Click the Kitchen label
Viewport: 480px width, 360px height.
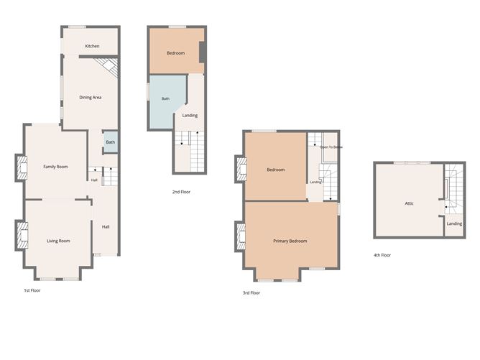coord(92,46)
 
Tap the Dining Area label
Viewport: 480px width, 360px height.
coord(91,97)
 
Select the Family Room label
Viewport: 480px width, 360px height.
coord(55,167)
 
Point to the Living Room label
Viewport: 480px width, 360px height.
coord(58,241)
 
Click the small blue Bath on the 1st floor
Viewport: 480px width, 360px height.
coord(111,142)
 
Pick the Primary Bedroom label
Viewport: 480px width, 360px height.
coord(290,241)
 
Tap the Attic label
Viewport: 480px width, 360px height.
coord(410,203)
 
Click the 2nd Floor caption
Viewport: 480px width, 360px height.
coord(181,192)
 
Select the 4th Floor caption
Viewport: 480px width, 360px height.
coord(382,255)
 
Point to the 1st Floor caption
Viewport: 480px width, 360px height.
coord(32,290)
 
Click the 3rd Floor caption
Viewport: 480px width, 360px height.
coord(251,292)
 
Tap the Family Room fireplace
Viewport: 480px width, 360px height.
coord(22,167)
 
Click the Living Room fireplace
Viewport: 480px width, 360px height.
coord(22,235)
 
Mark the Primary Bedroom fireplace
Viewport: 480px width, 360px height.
coord(241,236)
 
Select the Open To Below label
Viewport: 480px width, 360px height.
coord(331,147)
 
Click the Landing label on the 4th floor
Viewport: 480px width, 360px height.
coord(454,223)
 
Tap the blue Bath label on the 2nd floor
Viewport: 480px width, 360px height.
coord(165,98)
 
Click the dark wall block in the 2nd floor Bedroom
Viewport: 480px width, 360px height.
coord(203,52)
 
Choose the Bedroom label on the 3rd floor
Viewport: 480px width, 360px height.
coord(275,170)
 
